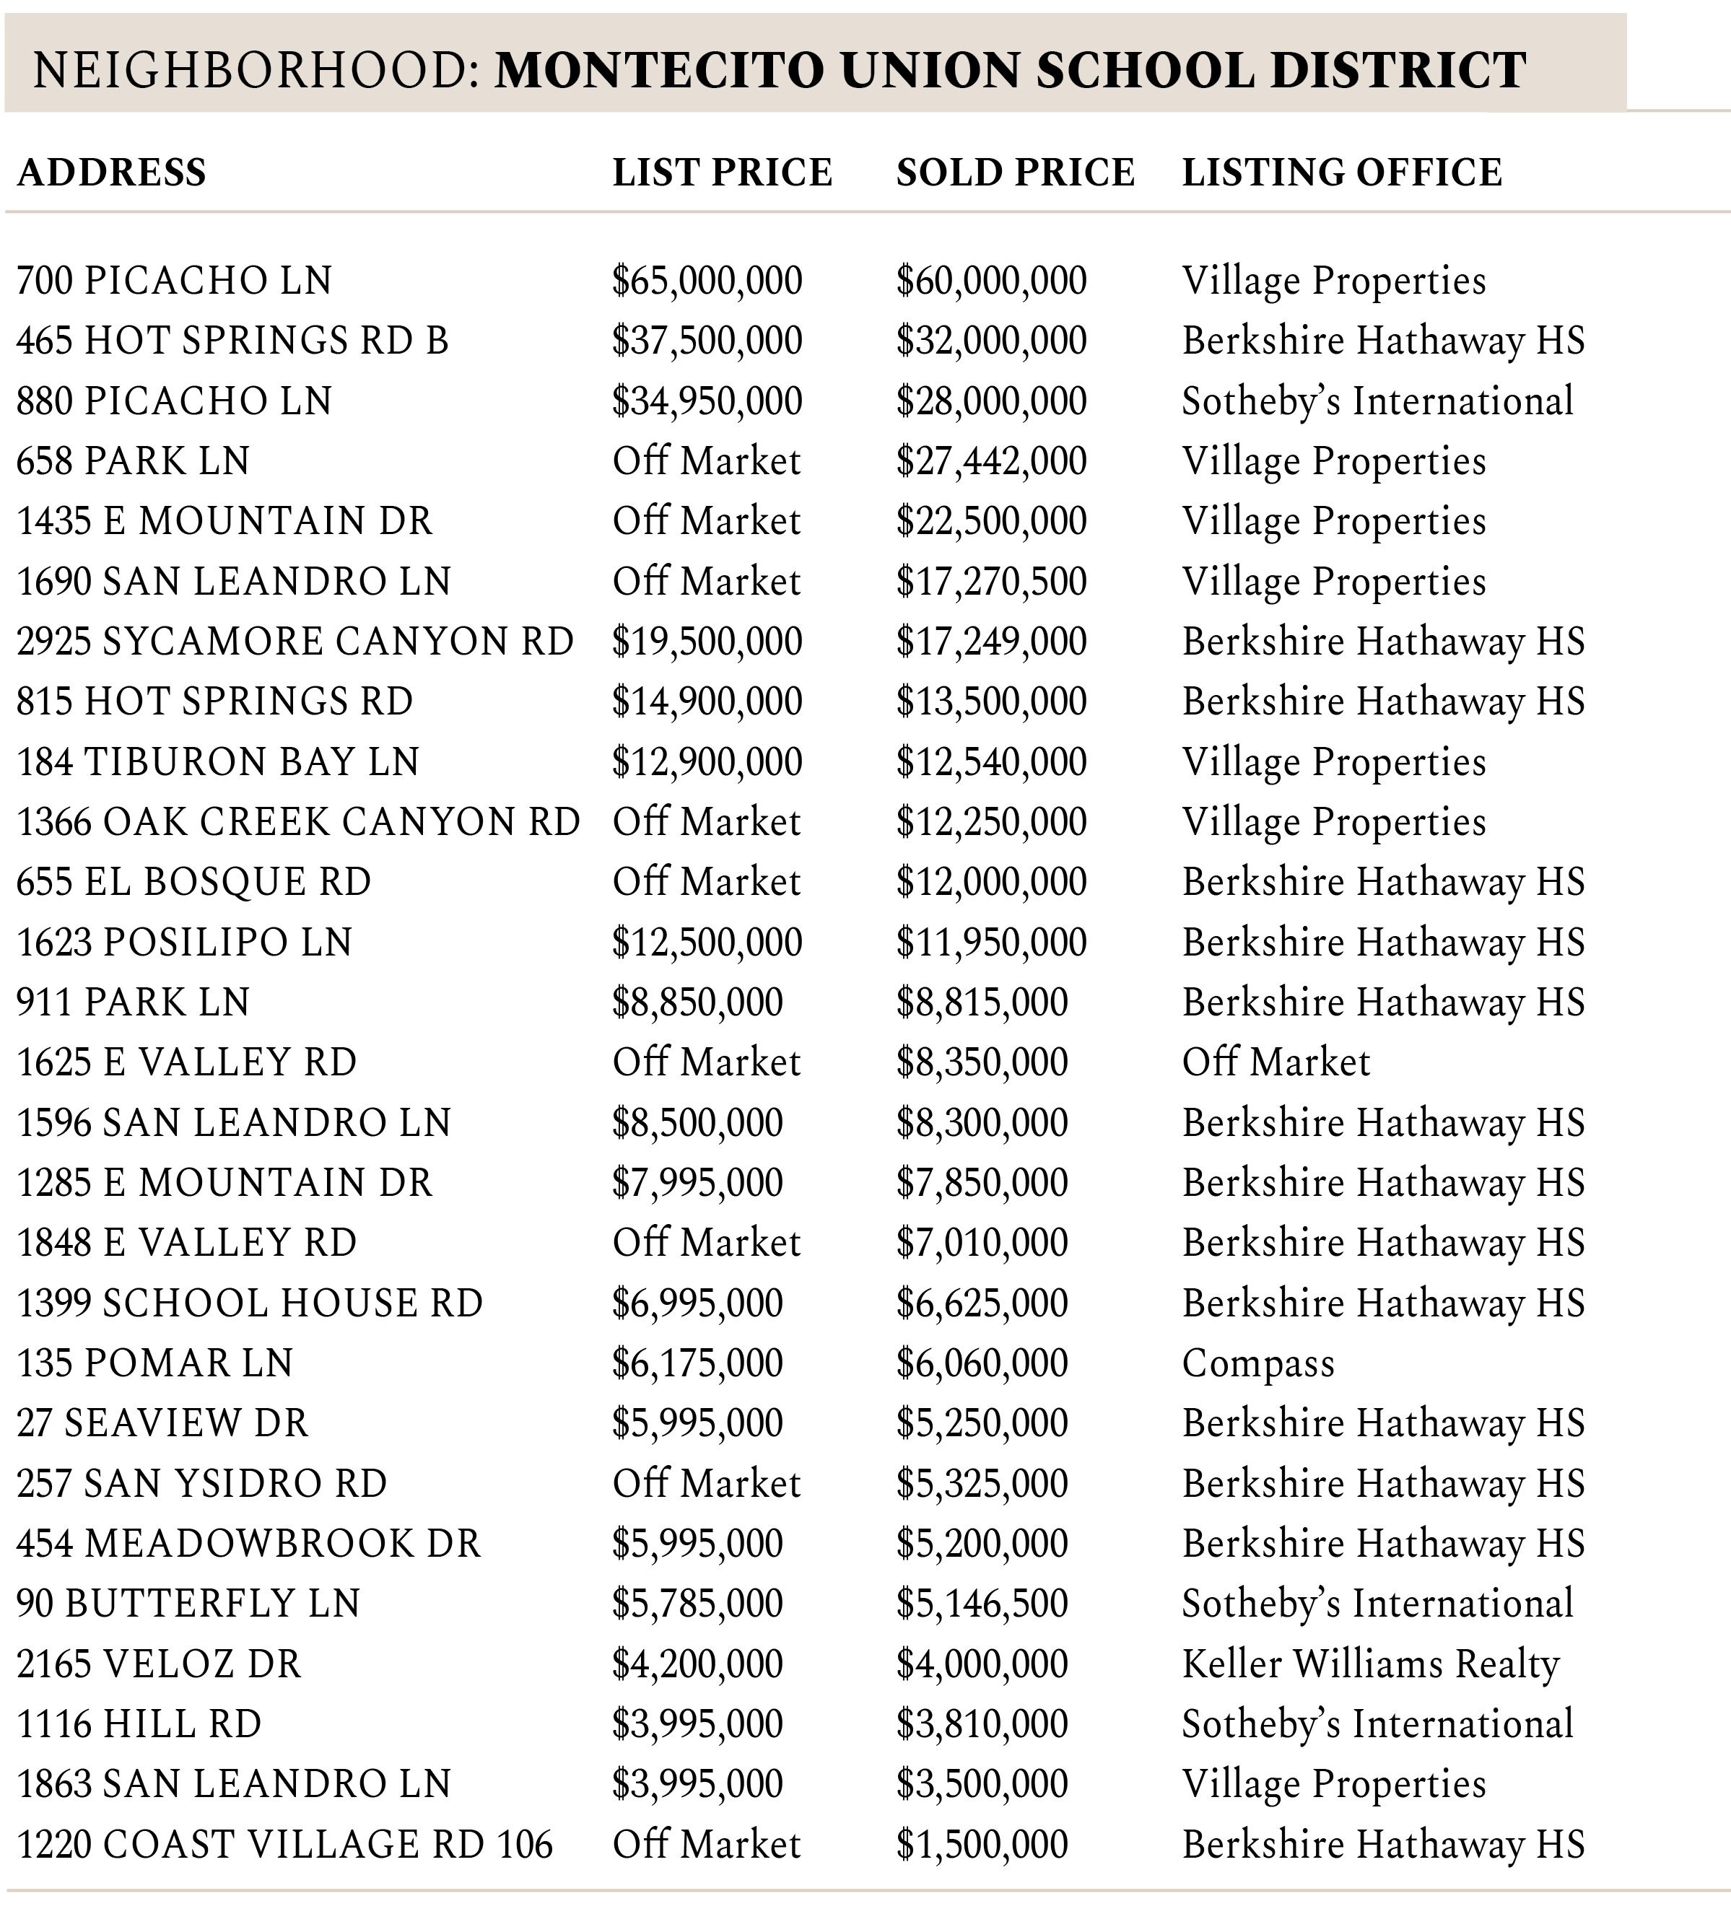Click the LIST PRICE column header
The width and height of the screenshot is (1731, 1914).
722,172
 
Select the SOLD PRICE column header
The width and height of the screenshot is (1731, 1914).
1015,172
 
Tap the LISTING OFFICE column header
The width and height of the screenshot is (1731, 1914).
1342,172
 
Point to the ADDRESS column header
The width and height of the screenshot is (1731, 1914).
111,172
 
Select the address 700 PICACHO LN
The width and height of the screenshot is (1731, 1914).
175,281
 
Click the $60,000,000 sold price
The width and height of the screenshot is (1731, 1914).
991,281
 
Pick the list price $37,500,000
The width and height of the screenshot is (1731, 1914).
707,341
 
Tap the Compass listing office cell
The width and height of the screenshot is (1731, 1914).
1258,1363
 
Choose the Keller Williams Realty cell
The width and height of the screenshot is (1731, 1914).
1370,1664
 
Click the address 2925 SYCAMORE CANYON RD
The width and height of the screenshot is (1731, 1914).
295,642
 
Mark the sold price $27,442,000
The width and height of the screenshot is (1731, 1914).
991,461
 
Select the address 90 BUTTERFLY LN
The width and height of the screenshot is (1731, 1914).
189,1604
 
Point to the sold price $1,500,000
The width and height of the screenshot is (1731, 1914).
982,1845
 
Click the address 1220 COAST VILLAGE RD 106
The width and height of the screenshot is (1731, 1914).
285,1845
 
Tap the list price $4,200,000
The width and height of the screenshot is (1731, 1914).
697,1664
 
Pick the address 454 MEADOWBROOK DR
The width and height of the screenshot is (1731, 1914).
249,1544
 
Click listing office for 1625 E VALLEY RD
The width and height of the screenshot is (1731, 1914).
1276,1062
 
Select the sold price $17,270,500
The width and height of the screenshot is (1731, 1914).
991,582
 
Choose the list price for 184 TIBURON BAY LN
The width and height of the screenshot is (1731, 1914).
707,762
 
